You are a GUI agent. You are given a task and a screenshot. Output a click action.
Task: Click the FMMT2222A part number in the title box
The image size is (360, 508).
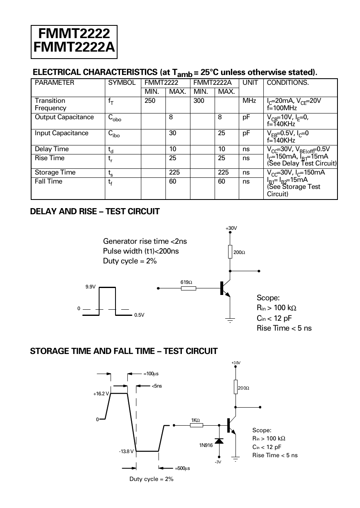tap(74, 48)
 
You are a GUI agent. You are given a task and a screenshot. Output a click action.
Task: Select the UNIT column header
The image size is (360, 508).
tap(250, 83)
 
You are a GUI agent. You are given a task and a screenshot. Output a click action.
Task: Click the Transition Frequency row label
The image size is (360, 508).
tap(50, 104)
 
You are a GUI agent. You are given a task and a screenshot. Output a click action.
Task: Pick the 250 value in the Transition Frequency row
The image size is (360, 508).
tap(150, 101)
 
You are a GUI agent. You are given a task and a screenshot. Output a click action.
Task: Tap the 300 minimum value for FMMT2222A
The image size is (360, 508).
tap(199, 101)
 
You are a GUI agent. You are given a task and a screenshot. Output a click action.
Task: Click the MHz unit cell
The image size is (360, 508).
tap(249, 101)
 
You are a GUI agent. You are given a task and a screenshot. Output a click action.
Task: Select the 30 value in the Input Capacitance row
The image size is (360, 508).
tap(173, 133)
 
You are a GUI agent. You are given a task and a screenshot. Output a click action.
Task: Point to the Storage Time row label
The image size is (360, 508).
tap(55, 172)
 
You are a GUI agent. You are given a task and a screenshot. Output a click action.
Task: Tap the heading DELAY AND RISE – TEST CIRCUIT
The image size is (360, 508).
tap(95, 212)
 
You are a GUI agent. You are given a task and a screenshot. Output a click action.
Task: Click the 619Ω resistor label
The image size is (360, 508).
tap(186, 282)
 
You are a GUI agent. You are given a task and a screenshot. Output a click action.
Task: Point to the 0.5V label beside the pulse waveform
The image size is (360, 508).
tap(139, 315)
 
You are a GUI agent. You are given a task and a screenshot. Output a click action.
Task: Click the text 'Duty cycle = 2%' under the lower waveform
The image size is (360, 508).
tap(152, 479)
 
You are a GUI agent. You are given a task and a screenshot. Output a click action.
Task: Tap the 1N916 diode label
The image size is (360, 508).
tap(206, 445)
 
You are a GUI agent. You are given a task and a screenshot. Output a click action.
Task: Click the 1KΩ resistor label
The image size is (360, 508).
tap(195, 420)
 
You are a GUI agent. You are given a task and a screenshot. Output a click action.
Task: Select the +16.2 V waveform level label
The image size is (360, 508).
tap(101, 394)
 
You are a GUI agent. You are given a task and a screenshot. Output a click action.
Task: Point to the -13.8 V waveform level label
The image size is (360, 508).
tap(126, 451)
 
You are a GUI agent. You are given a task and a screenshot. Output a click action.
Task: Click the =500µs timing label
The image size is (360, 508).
tap(182, 468)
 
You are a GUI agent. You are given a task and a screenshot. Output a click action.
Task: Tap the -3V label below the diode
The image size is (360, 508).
tap(217, 462)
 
